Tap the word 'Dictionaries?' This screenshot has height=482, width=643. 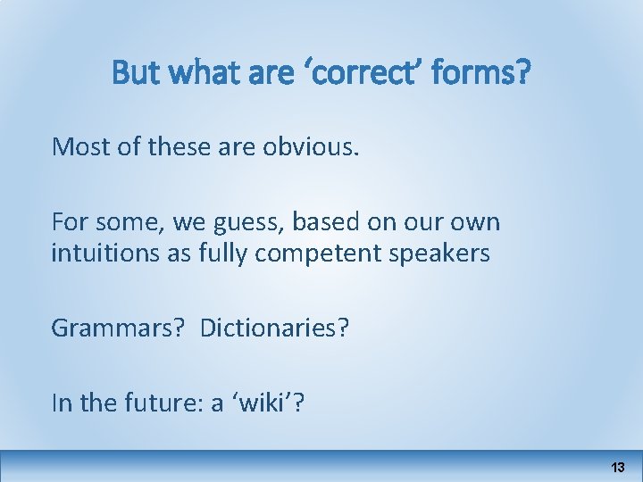tap(275, 328)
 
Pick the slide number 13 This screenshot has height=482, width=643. tap(617, 468)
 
